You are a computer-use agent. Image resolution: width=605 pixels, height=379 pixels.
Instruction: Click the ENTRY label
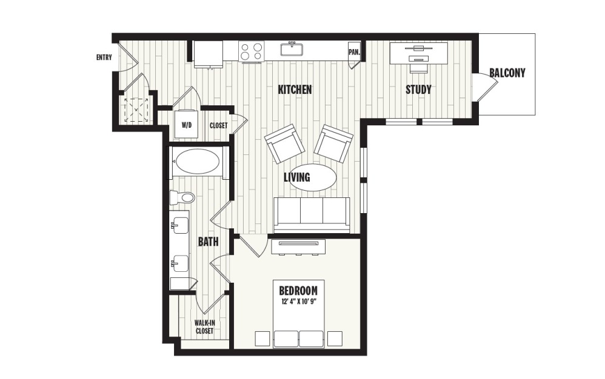coord(104,58)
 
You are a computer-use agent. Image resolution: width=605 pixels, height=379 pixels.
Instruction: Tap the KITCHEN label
coord(295,90)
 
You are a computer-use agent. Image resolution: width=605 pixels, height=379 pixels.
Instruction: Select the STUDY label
coord(418,90)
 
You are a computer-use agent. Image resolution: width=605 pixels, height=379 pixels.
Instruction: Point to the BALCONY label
coord(507,73)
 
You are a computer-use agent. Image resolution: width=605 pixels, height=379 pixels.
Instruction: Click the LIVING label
coord(297,177)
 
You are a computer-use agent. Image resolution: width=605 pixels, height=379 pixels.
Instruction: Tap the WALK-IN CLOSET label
coord(204,326)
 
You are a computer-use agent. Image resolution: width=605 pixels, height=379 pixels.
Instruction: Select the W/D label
coord(187,126)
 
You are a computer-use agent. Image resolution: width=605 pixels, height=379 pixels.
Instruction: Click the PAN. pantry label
coord(354,52)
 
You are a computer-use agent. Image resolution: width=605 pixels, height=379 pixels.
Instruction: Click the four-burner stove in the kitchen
coord(251,51)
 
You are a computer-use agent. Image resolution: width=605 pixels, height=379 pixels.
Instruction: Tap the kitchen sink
coord(293,48)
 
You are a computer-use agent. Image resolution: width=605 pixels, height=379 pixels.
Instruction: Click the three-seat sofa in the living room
coord(312,214)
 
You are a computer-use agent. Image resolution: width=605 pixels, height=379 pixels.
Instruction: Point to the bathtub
coord(197,162)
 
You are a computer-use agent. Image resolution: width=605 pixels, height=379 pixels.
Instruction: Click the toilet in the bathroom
coord(182,197)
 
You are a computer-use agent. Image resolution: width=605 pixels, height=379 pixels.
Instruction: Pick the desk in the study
coord(418,51)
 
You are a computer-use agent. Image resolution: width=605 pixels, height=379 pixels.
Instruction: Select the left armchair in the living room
coord(284,143)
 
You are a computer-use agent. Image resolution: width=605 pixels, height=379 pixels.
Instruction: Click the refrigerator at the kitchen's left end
coord(208,51)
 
